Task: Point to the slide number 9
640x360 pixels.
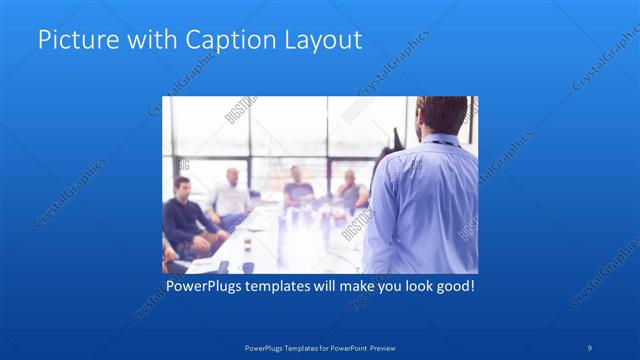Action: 590,347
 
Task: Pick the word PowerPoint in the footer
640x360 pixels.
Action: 340,347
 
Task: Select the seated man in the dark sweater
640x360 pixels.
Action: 184,215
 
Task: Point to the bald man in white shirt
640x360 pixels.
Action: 231,196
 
